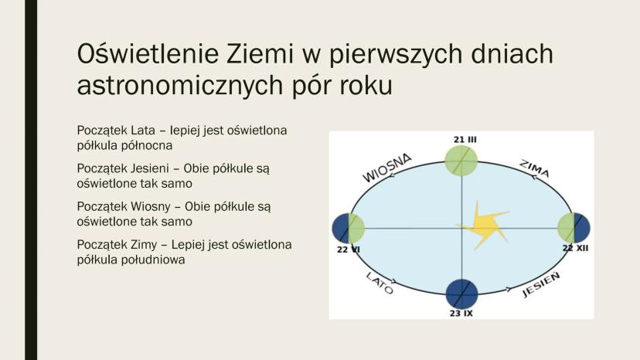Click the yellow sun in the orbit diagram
pyautogui.click(x=484, y=226)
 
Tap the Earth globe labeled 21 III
pyautogui.click(x=461, y=161)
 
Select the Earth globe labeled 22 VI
pyautogui.click(x=349, y=229)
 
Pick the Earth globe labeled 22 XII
pyautogui.click(x=574, y=228)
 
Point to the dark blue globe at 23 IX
pyautogui.click(x=461, y=294)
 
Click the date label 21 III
pyautogui.click(x=465, y=140)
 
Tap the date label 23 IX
pyautogui.click(x=461, y=314)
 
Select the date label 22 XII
pyautogui.click(x=576, y=248)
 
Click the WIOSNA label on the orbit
pyautogui.click(x=387, y=168)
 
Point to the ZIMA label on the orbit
pyautogui.click(x=535, y=169)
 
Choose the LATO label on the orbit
pyautogui.click(x=380, y=283)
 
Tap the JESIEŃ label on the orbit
pyautogui.click(x=541, y=284)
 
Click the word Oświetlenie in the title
pyautogui.click(x=148, y=54)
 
